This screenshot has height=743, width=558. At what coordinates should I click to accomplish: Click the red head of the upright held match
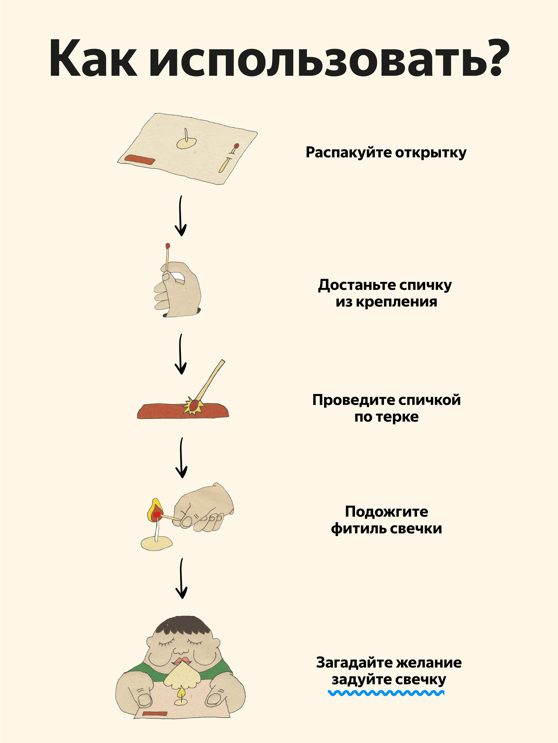168,246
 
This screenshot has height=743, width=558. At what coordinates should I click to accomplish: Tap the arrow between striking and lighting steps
181,458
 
